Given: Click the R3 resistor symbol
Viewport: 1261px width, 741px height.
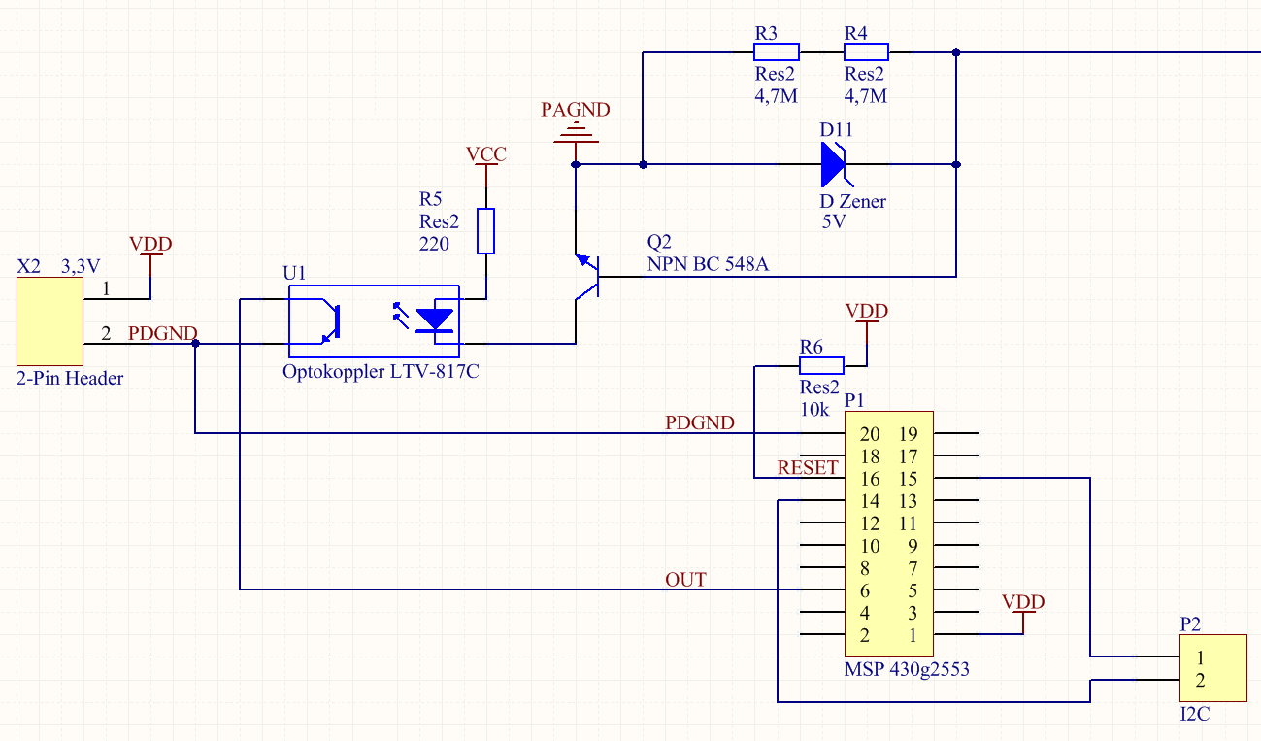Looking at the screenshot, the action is pos(777,51).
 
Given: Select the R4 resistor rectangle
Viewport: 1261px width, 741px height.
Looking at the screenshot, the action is pos(866,51).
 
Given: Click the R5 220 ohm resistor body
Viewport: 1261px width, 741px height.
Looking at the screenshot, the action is pos(485,231).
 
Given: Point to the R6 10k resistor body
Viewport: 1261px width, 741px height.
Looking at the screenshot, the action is pos(821,365).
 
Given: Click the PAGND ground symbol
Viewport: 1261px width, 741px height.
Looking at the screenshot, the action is pos(576,134).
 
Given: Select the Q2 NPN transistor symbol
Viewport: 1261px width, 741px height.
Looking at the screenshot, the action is pos(587,277).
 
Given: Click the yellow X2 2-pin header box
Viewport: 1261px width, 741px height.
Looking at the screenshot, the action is pos(50,320).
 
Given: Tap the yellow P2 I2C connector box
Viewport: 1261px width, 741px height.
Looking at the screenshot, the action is pos(1213,668).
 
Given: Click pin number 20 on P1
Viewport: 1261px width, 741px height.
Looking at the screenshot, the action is pos(869,433).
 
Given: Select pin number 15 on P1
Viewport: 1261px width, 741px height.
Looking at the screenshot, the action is pos(908,479).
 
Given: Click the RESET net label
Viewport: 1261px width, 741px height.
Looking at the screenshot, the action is pos(808,467).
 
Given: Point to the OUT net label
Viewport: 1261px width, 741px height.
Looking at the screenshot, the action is pos(685,580).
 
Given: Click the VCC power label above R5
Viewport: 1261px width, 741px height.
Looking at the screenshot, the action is pos(486,153).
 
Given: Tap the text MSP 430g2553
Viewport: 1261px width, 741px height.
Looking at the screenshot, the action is pos(907,669).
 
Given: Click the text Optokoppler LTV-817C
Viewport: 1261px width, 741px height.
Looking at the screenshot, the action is pos(381,372).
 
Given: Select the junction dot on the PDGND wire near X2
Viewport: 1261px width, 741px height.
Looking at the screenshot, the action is pos(195,344).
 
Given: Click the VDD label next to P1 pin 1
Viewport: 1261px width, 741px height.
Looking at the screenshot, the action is pos(1023,601).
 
